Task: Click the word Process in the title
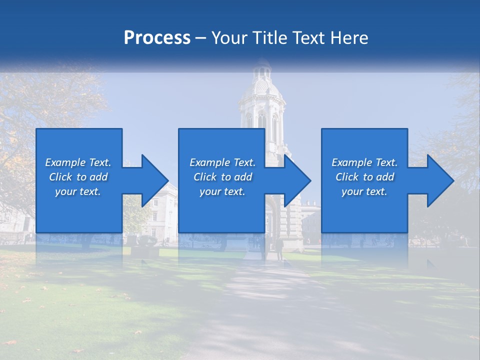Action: (157, 38)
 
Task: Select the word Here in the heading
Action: (349, 38)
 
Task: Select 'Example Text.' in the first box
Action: (78, 162)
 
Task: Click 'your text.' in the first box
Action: (78, 191)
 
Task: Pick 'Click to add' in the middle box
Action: (222, 177)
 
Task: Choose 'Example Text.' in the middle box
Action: (222, 162)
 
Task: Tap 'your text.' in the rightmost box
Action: (364, 191)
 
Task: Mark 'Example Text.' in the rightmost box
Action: (364, 162)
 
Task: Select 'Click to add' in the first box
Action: (78, 177)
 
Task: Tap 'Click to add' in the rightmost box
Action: (364, 177)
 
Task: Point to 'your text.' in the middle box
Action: (222, 191)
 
